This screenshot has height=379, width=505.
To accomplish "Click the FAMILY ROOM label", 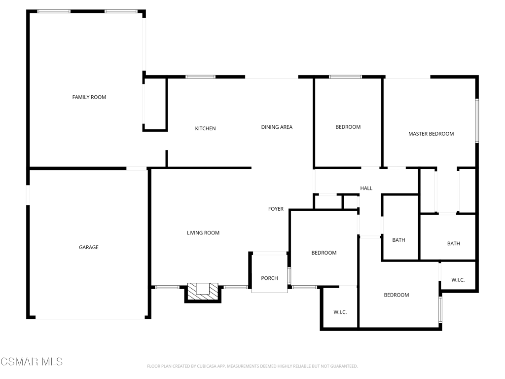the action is pyautogui.click(x=89, y=97).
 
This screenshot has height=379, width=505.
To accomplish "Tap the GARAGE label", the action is pyautogui.click(x=89, y=247).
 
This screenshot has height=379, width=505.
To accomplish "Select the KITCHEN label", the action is pyautogui.click(x=205, y=128).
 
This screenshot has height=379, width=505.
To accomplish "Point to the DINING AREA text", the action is pyautogui.click(x=277, y=127).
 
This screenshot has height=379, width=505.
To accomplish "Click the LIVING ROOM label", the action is pyautogui.click(x=203, y=233).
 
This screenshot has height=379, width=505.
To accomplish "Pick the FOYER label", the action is pyautogui.click(x=276, y=209).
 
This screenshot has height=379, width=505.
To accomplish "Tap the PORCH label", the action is pyautogui.click(x=269, y=278).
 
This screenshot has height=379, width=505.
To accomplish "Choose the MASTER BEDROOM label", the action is pyautogui.click(x=431, y=134).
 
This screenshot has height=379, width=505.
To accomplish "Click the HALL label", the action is pyautogui.click(x=366, y=188).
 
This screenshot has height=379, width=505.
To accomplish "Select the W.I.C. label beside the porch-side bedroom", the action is pyautogui.click(x=340, y=312).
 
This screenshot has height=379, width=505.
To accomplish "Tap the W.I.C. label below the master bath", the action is pyautogui.click(x=458, y=280).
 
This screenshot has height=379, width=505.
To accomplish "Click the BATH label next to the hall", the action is pyautogui.click(x=398, y=240).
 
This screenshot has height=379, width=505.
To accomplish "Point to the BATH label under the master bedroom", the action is pyautogui.click(x=454, y=244).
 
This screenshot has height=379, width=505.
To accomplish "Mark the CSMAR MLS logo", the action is pyautogui.click(x=32, y=362).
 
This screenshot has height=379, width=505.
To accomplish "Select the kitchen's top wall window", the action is pyautogui.click(x=200, y=77).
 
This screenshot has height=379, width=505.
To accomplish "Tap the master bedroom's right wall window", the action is pyautogui.click(x=477, y=120).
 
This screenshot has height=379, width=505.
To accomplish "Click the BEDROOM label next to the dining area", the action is pyautogui.click(x=348, y=127).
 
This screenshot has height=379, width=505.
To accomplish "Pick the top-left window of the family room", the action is pyautogui.click(x=54, y=12).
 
